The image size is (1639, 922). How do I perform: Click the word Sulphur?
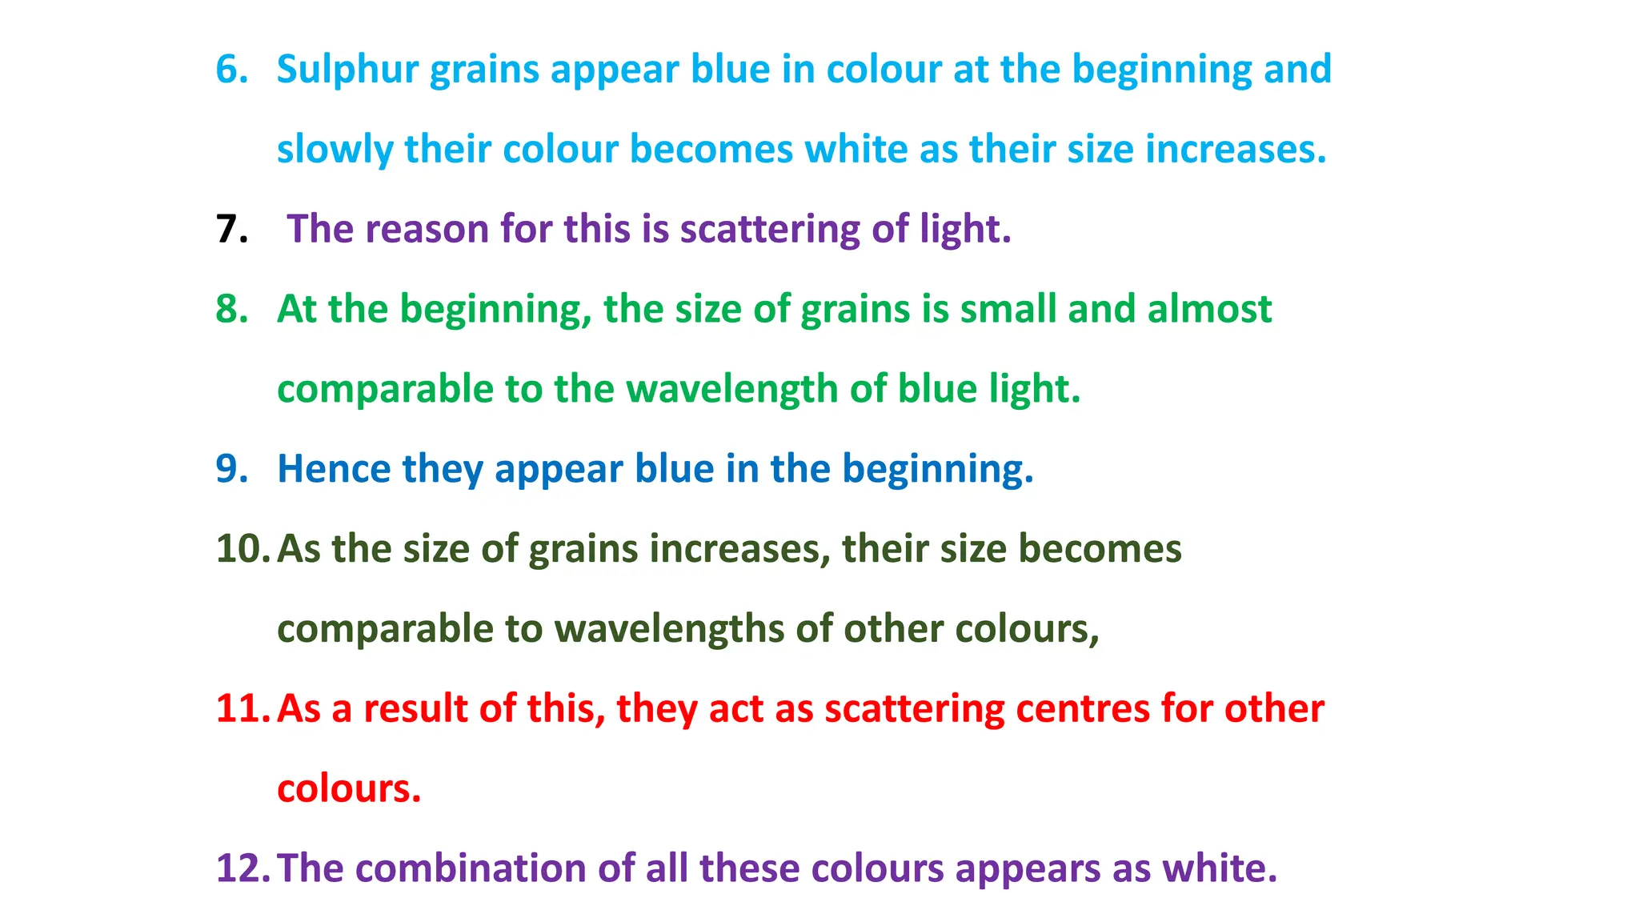(x=347, y=70)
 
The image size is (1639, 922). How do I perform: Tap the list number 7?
(x=231, y=230)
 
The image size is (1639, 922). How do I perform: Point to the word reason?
(x=427, y=230)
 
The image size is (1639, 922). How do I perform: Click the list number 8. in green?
(x=232, y=310)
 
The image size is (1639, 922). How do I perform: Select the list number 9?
(x=232, y=469)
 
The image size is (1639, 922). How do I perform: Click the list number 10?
(x=243, y=549)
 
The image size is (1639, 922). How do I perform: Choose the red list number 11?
(x=243, y=709)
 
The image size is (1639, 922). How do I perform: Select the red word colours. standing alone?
(x=349, y=789)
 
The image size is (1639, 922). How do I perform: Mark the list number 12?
(x=243, y=869)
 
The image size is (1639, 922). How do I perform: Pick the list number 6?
(x=232, y=70)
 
